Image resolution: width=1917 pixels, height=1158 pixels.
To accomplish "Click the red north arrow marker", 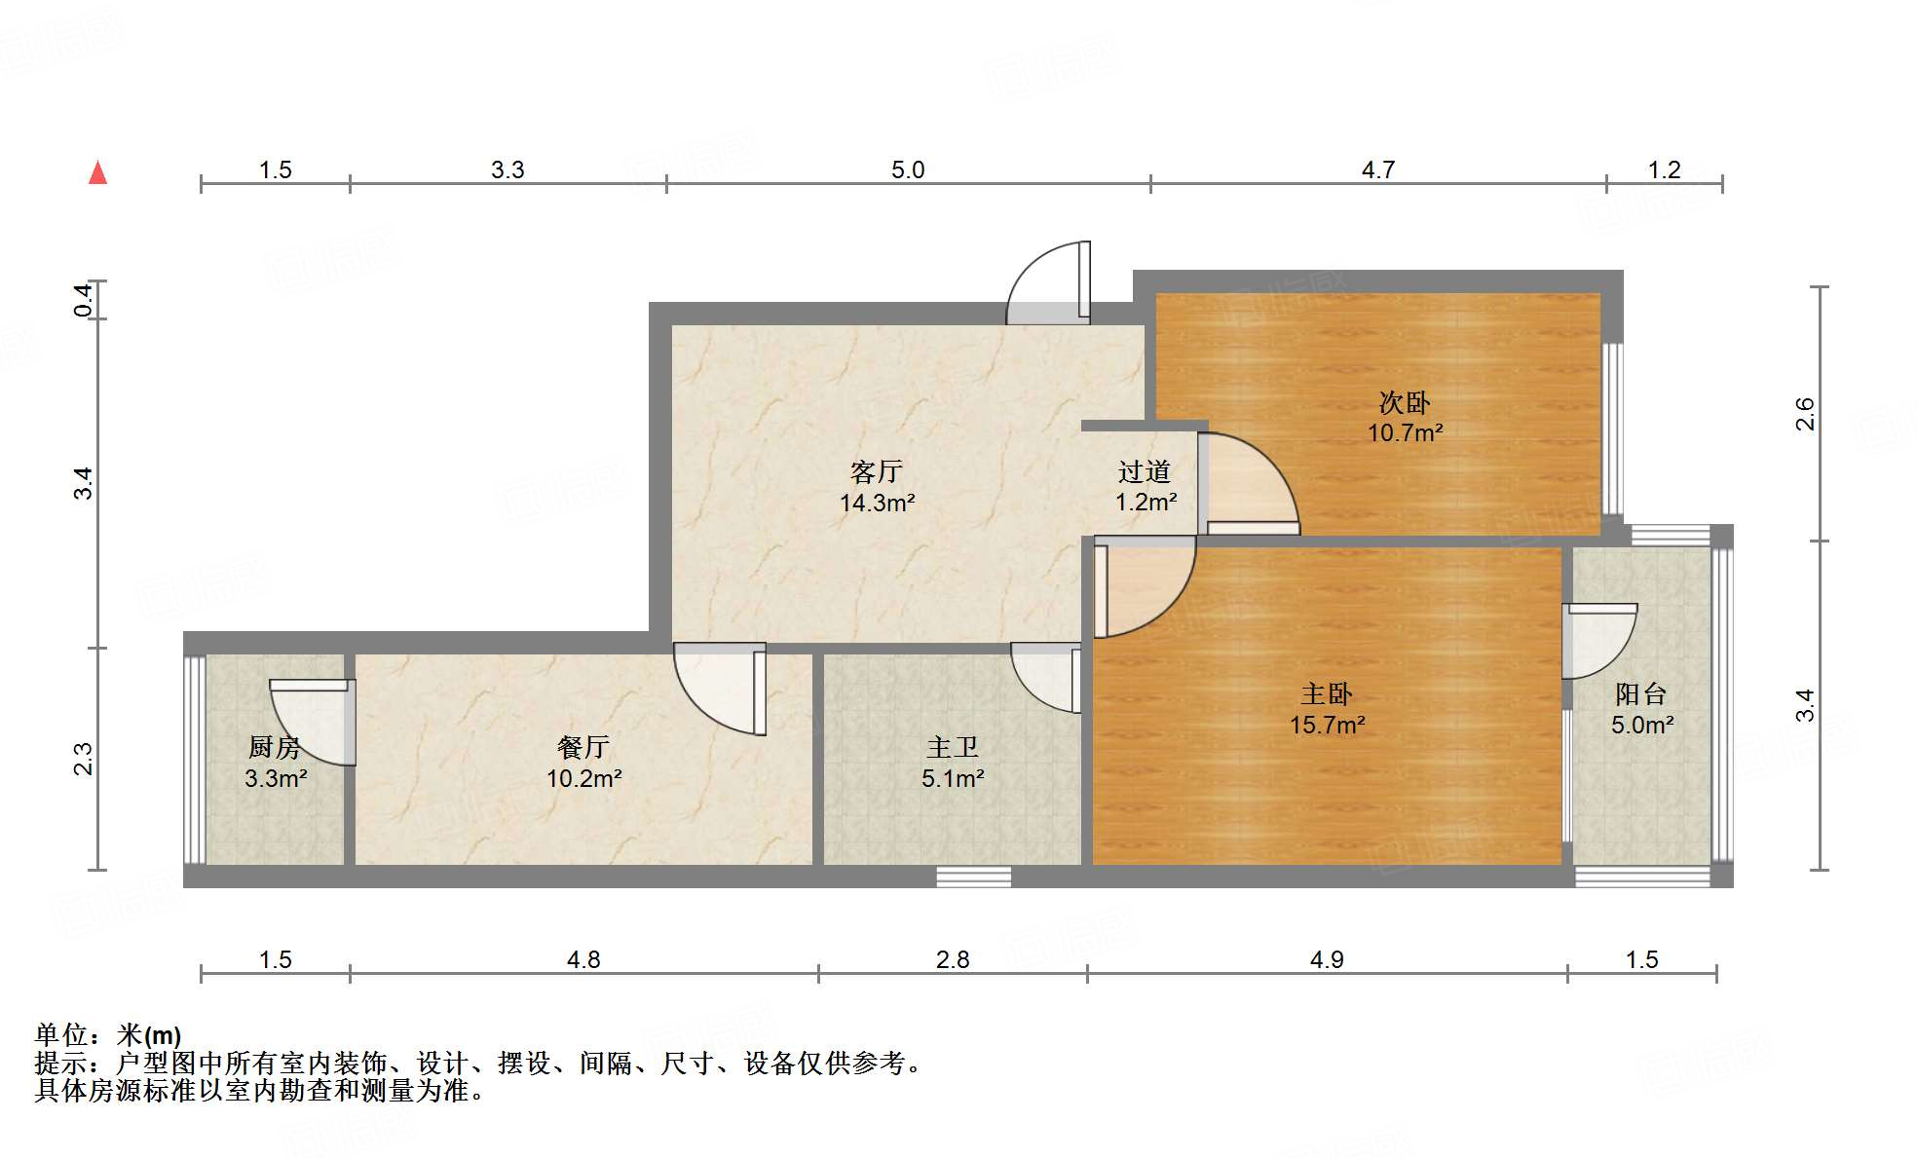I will click(97, 172).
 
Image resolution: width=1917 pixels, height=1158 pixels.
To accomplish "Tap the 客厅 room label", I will click(876, 472).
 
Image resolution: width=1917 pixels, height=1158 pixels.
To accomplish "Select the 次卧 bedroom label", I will click(1404, 402).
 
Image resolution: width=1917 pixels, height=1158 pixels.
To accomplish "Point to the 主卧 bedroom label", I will click(1326, 694).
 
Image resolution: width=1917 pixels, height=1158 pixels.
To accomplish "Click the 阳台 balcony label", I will click(1640, 694).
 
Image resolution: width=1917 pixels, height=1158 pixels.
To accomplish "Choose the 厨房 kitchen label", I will click(275, 748).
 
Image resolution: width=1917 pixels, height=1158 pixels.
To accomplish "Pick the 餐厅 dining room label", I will click(583, 748).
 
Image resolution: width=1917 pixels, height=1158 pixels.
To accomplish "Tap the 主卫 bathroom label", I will click(952, 748).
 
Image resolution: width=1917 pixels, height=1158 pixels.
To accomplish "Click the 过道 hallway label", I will click(1144, 472).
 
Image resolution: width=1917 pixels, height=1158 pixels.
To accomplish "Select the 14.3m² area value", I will click(877, 504).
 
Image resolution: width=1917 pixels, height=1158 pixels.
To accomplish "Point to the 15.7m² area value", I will click(1327, 726).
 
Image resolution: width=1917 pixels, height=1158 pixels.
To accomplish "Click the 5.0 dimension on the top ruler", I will click(907, 170).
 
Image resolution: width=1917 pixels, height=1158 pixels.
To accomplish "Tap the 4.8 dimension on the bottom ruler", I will click(583, 960).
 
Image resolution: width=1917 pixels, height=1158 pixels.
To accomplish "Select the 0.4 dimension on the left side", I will click(85, 299).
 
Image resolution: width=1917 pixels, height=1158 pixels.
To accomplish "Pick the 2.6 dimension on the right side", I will click(1805, 414).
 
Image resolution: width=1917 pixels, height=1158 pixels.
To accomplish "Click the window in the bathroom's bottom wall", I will click(973, 877).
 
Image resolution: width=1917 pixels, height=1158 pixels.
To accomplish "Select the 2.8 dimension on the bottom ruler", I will click(952, 960).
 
